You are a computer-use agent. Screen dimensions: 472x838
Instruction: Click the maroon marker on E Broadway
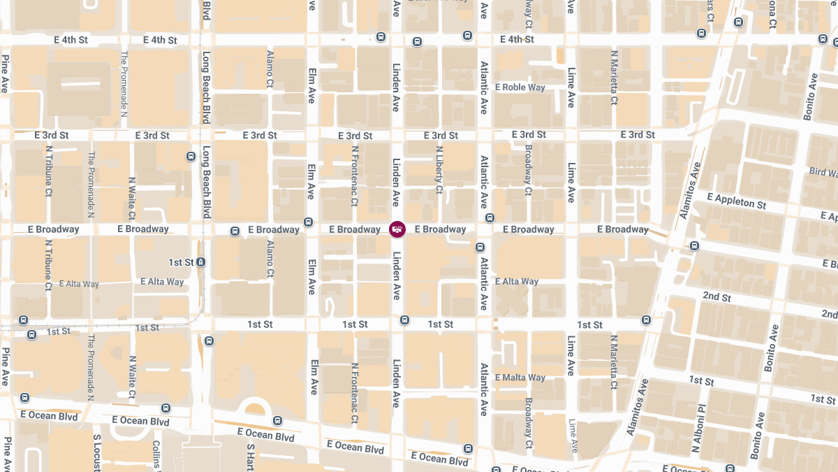tap(397, 229)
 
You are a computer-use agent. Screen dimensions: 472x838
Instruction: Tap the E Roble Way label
tap(520, 87)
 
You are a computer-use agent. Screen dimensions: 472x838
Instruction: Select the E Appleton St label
tap(736, 201)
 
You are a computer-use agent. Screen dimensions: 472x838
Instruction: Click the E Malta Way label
tap(520, 378)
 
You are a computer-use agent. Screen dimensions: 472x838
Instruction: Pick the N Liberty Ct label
tap(439, 170)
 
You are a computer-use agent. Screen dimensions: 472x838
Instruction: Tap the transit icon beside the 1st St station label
tap(201, 262)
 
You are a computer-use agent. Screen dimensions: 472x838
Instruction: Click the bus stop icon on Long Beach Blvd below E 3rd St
tap(191, 156)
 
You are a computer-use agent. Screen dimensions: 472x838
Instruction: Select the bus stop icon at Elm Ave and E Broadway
tap(308, 222)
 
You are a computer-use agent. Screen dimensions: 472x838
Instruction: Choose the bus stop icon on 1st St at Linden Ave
tap(404, 320)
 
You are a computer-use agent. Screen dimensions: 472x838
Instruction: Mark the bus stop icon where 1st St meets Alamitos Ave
tap(646, 320)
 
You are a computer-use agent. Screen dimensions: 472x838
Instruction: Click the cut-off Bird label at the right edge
tap(823, 172)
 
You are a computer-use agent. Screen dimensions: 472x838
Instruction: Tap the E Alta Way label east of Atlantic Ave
tap(517, 282)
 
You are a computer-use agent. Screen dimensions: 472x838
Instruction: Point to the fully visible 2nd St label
tap(716, 297)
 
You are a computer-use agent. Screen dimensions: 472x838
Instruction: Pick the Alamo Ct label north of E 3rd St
tap(270, 69)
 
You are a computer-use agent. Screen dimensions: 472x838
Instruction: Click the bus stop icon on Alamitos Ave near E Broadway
tap(694, 245)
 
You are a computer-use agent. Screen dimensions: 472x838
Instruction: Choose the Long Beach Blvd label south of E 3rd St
tap(206, 184)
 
